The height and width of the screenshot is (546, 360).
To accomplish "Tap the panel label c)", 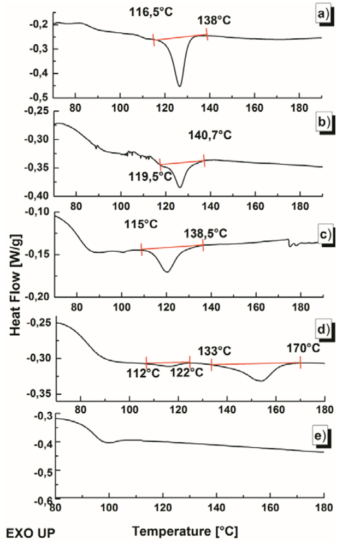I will (326, 234).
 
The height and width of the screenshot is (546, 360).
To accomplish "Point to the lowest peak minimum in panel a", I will (179, 86).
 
